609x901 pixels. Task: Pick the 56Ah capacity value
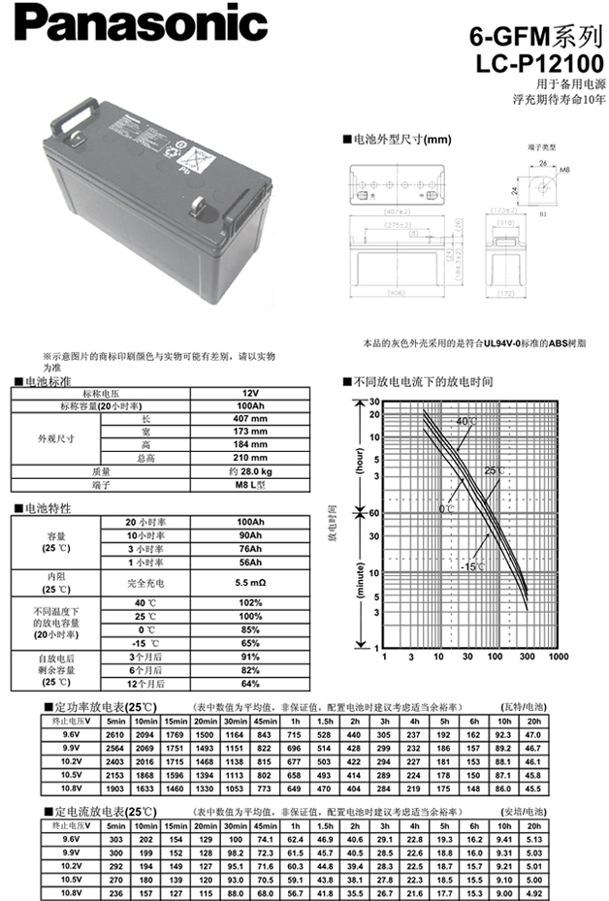point(251,562)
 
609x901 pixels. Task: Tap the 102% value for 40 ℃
point(251,603)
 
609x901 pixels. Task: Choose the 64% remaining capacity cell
point(251,684)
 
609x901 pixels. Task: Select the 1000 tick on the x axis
point(559,657)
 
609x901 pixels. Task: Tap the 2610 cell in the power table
point(116,735)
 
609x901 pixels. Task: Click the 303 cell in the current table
point(116,837)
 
